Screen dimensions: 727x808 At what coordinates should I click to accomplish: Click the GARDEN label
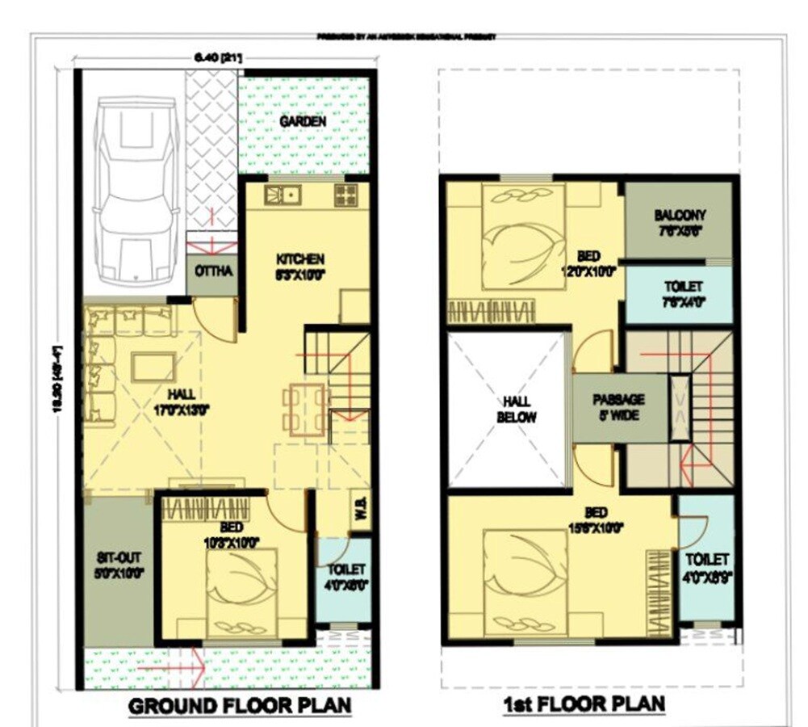[x=303, y=122]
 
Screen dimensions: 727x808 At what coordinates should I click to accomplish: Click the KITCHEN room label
[x=300, y=260]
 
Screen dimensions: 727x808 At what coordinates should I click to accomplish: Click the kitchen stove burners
[x=346, y=195]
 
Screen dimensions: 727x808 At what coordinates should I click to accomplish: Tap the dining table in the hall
[x=305, y=409]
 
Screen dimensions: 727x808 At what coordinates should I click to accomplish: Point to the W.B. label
[x=360, y=511]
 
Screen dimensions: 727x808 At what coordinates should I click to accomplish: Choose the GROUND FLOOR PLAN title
[x=241, y=705]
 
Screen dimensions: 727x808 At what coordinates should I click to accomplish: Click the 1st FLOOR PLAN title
[x=584, y=704]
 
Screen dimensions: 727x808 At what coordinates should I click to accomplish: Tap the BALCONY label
[x=680, y=216]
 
